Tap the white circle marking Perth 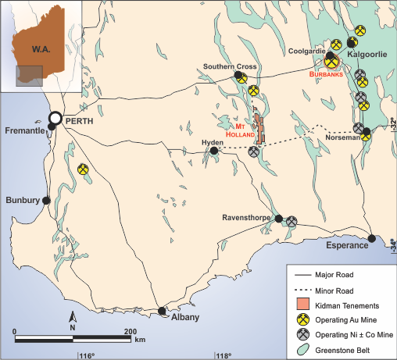click(55, 119)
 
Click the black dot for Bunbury click(46, 201)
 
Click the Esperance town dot click(372, 239)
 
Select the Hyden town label click(212, 143)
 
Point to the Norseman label click(342, 137)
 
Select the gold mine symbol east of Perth click(84, 169)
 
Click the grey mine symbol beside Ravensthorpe click(291, 222)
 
